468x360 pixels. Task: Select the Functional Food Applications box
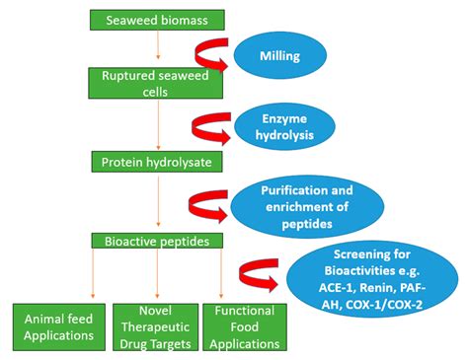tap(242, 324)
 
